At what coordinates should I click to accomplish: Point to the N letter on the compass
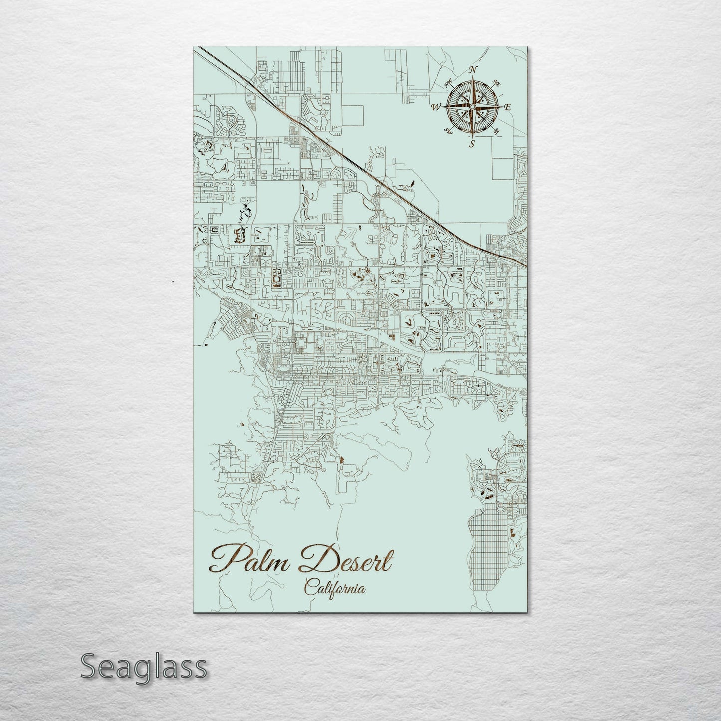point(474,69)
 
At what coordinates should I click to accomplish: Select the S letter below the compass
point(471,144)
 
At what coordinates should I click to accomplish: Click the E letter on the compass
point(508,106)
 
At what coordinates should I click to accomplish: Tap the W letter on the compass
point(436,106)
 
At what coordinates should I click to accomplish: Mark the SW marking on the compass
point(448,131)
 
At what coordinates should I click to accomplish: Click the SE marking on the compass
point(496,131)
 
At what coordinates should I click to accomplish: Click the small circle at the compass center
point(472,106)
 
